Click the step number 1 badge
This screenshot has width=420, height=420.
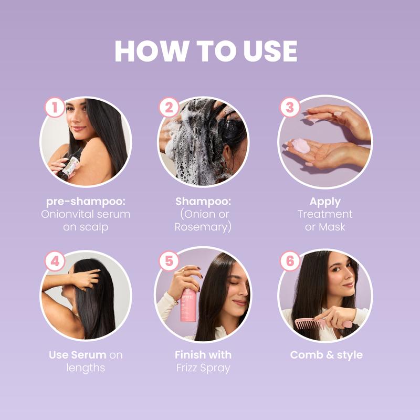[x=55, y=108]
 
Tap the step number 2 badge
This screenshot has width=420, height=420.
[x=169, y=108]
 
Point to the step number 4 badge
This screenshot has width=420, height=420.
[x=55, y=261]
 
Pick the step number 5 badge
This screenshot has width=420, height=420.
[x=169, y=261]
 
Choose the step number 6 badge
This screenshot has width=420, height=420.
[x=289, y=261]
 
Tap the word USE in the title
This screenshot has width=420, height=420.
[x=269, y=51]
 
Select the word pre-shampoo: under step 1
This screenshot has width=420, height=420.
[x=86, y=202]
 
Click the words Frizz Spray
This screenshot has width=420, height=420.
[x=203, y=367]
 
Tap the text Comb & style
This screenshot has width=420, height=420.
[x=326, y=355]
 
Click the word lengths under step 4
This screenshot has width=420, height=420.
[x=86, y=367]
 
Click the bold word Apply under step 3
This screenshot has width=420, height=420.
[x=325, y=202]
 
